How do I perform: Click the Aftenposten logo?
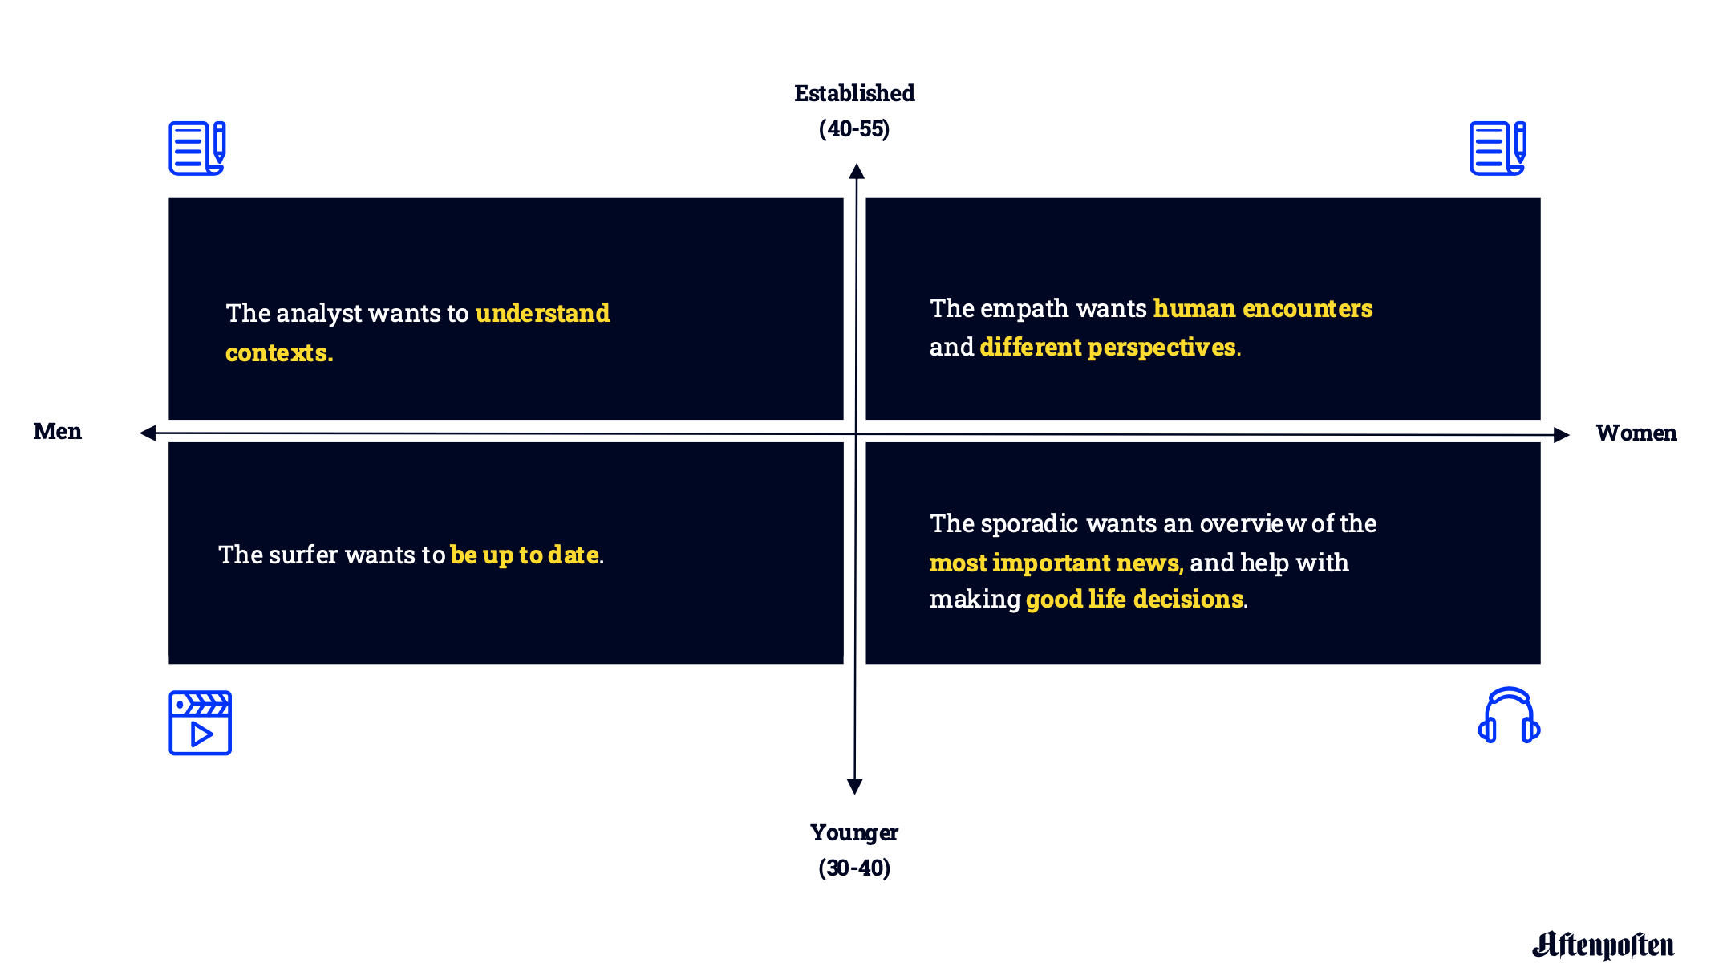coord(1603,945)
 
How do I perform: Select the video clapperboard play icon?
coord(200,722)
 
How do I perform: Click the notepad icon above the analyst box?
coord(197,148)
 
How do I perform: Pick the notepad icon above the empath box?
coord(1498,148)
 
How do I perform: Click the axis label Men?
coord(57,431)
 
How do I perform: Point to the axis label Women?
coord(1636,433)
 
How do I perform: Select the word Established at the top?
coord(854,93)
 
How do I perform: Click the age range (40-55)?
coord(854,128)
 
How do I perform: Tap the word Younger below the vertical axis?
coord(854,833)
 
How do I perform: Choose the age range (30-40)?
coord(854,868)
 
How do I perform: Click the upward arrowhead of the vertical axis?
coord(857,171)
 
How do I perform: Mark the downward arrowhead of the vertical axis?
coord(855,787)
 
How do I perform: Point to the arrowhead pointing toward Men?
coord(148,433)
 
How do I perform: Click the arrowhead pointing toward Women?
coord(1561,435)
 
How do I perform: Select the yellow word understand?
coord(542,312)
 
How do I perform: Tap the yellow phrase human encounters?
coord(1263,308)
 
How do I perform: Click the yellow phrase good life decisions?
coord(1134,599)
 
